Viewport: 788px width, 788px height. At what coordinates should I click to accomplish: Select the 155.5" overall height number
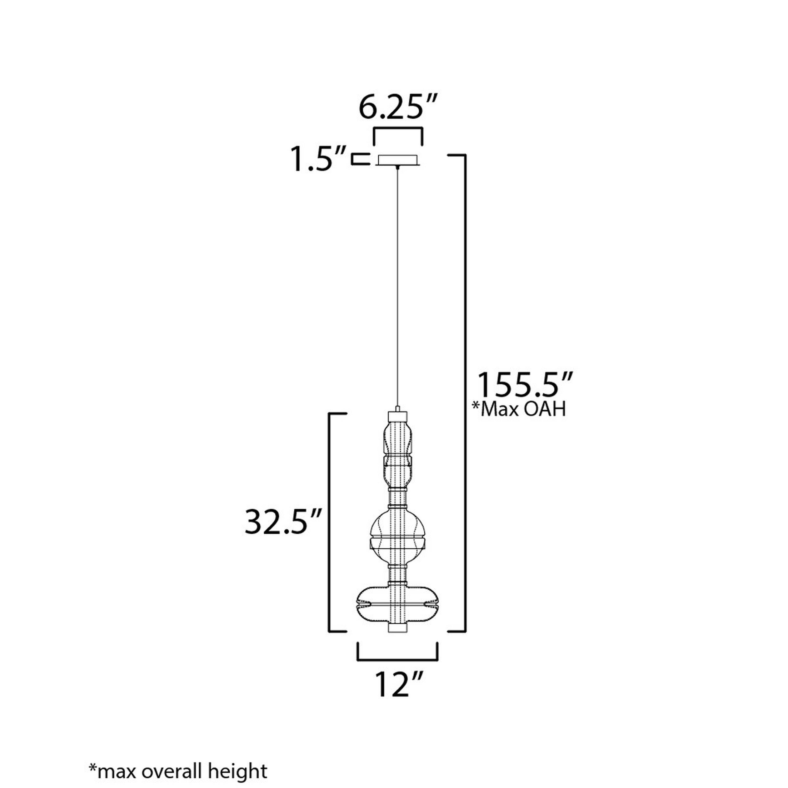point(525,385)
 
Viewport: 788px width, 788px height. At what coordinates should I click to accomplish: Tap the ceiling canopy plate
point(398,160)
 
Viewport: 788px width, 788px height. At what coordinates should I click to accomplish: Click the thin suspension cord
point(398,285)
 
